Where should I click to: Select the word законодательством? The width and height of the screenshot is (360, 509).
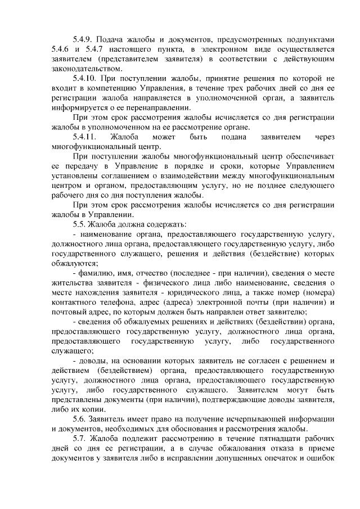(85, 69)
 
